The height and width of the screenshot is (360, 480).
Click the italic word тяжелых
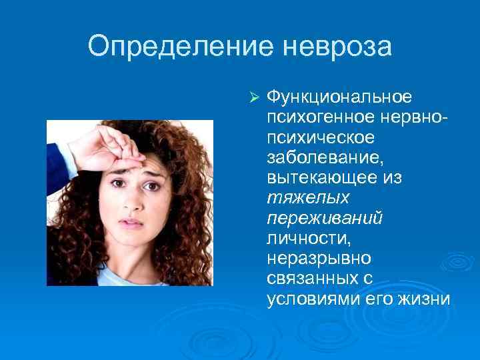(297, 198)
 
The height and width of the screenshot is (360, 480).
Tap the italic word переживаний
(324, 218)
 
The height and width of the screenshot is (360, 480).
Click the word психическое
(319, 138)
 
